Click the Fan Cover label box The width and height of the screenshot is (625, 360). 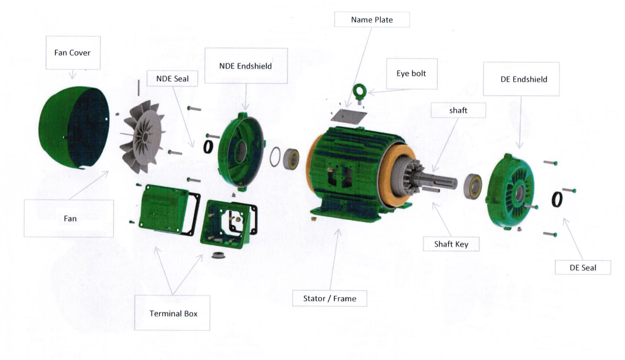pos(73,52)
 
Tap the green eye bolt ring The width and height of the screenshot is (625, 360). pos(360,90)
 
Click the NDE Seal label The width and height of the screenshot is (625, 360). pos(172,79)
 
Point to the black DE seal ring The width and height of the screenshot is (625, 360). pos(557,200)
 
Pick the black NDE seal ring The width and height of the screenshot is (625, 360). pos(208,147)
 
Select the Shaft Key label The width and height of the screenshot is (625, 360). pos(451,244)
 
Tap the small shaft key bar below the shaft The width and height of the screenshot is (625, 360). pos(431,189)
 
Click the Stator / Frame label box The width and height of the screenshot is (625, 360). pos(329,298)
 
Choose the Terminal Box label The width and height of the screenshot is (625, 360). pos(173,313)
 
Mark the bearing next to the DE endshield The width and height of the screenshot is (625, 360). pos(473,186)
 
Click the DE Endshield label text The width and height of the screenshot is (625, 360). pos(523,79)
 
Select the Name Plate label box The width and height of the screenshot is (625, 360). pos(372,20)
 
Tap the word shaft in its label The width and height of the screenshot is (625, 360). pos(458,110)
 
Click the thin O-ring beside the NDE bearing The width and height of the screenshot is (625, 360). pos(275,157)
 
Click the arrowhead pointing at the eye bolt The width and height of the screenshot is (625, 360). pos(370,92)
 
